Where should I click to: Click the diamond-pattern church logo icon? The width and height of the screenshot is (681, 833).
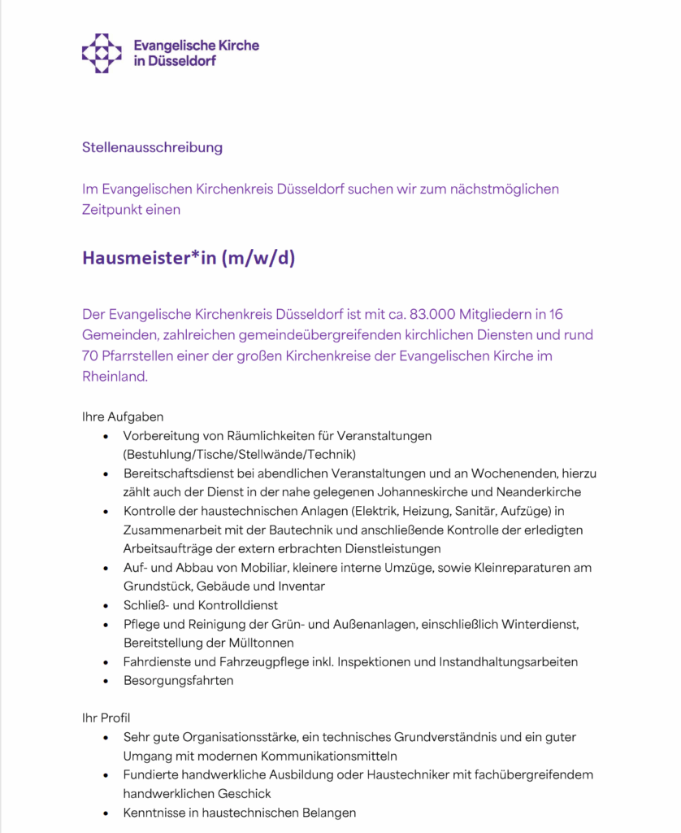click(x=102, y=53)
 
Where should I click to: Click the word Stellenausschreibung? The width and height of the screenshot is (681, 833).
click(x=152, y=147)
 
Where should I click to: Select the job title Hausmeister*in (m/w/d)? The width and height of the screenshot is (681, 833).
click(x=188, y=258)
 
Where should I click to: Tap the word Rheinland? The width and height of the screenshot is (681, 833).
click(x=115, y=377)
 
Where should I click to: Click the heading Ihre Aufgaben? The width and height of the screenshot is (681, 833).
click(x=123, y=416)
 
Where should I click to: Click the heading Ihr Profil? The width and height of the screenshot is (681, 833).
click(x=106, y=717)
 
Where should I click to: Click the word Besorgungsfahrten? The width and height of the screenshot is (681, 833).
click(x=178, y=680)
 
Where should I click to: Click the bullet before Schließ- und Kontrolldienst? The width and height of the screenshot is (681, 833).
click(x=106, y=605)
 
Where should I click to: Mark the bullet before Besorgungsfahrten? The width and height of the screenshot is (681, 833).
click(x=106, y=680)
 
